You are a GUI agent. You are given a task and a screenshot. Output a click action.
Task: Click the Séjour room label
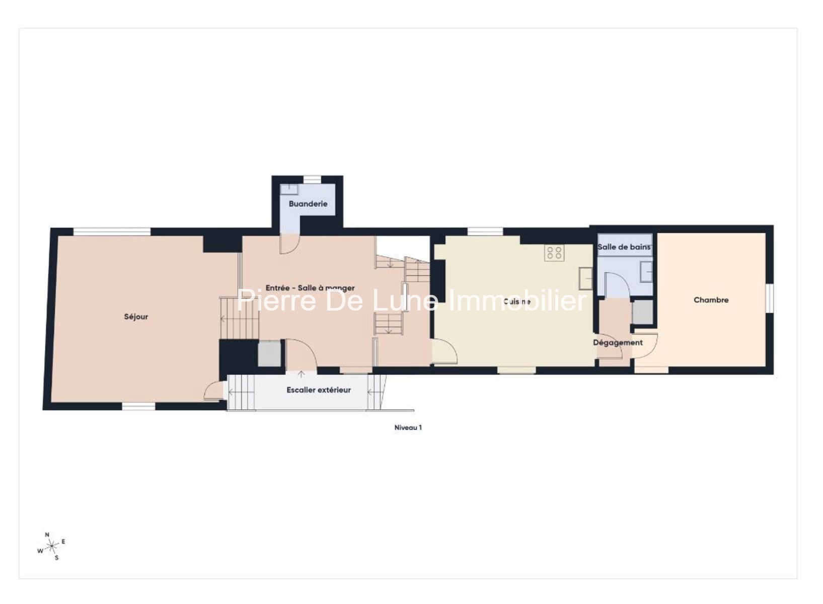[x=136, y=317]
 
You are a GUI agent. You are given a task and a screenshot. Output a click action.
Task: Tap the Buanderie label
[x=308, y=204]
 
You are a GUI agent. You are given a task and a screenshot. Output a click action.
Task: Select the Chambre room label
[x=711, y=300]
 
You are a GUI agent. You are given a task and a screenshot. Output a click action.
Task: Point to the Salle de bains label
[x=624, y=247]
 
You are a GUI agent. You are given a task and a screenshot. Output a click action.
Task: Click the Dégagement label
[x=618, y=343]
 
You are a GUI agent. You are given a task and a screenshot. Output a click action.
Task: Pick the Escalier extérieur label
[x=319, y=390]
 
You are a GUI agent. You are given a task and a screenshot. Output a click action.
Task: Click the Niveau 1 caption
[x=408, y=428]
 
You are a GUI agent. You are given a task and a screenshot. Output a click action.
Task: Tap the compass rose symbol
[x=52, y=546]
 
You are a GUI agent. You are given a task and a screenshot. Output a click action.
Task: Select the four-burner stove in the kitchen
[x=554, y=252]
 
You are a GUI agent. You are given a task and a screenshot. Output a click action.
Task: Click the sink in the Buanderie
[x=289, y=190]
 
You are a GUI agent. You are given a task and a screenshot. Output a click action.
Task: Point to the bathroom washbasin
[x=646, y=272]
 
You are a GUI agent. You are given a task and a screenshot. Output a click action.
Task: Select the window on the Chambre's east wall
[x=769, y=298]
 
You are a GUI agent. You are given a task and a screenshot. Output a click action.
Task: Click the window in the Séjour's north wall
[x=112, y=232]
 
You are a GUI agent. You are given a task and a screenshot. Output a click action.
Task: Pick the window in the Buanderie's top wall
[x=312, y=180]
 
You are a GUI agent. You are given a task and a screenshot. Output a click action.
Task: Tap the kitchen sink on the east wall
[x=585, y=279]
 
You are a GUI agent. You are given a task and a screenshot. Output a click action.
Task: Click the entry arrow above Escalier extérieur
[x=302, y=374]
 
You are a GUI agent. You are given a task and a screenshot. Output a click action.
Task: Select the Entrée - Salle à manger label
[x=310, y=288]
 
